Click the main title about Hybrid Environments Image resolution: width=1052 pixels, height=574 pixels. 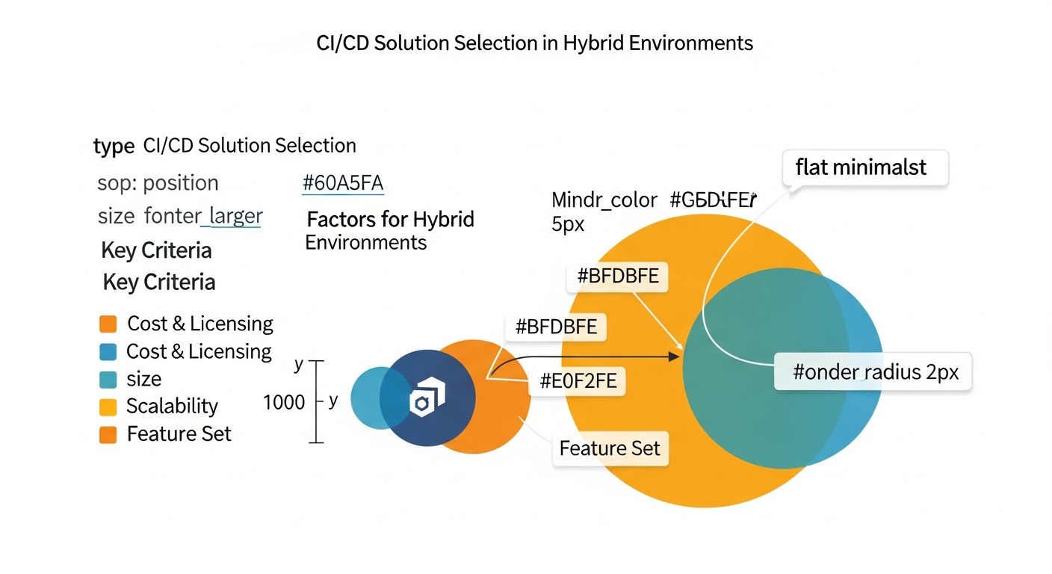[534, 43]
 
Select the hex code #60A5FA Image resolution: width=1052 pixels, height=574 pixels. [343, 183]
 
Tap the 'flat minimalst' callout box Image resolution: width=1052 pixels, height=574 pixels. [864, 167]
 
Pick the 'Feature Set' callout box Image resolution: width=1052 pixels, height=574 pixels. [610, 448]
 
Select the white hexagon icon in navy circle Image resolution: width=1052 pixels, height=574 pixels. [427, 398]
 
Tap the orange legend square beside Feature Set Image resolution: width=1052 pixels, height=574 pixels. [108, 434]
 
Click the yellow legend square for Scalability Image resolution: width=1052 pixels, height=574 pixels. [108, 407]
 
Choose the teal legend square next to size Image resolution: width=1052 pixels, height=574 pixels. [108, 380]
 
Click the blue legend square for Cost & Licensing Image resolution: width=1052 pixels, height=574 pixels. [108, 352]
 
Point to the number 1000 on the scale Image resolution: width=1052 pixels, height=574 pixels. [284, 403]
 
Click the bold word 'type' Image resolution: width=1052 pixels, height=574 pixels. [114, 146]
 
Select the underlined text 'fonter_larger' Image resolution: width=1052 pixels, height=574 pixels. [202, 217]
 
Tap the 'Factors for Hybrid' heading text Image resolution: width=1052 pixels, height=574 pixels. [391, 220]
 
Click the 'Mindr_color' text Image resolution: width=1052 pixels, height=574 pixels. [604, 200]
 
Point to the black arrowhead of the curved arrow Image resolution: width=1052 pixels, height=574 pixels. [675, 358]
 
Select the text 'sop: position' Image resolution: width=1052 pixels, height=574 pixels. [158, 183]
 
